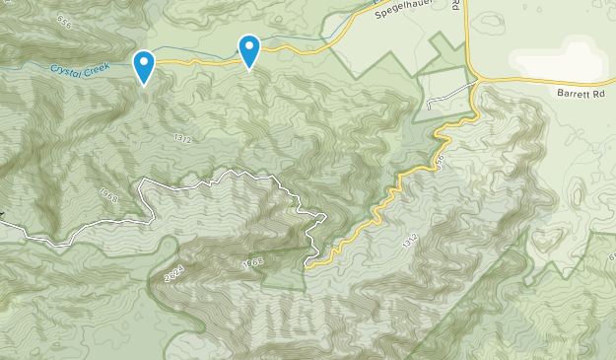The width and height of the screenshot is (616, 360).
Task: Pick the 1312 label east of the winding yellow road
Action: [x=410, y=240]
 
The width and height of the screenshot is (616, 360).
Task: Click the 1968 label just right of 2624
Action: [x=253, y=263]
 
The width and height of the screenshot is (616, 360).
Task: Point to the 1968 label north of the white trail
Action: [x=108, y=197]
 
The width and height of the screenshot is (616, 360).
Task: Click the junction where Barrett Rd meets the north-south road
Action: [x=475, y=79]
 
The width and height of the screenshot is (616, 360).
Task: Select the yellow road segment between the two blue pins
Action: [x=197, y=62]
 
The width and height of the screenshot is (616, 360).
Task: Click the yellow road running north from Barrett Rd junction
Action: [x=467, y=39]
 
